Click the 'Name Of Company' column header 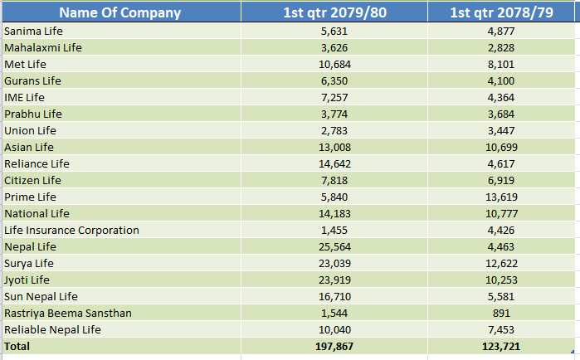click(x=119, y=12)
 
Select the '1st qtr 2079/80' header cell click(x=334, y=12)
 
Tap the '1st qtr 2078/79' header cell click(x=501, y=12)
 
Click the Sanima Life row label click(x=33, y=31)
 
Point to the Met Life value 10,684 click(x=334, y=65)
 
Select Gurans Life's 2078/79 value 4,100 click(x=501, y=81)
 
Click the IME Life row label click(x=24, y=98)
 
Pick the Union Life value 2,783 click(x=334, y=131)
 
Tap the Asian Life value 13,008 click(x=334, y=148)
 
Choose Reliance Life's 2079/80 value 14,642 click(x=334, y=164)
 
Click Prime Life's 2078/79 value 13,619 click(x=501, y=197)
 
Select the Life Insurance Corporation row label click(x=71, y=231)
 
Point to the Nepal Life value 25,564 click(x=334, y=247)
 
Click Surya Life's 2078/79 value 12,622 click(x=501, y=264)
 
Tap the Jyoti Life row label click(x=27, y=280)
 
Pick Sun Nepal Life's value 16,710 click(x=334, y=297)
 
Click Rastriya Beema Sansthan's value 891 click(x=501, y=314)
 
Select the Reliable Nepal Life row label click(x=52, y=329)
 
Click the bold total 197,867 click(x=334, y=347)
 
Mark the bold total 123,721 click(x=501, y=347)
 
